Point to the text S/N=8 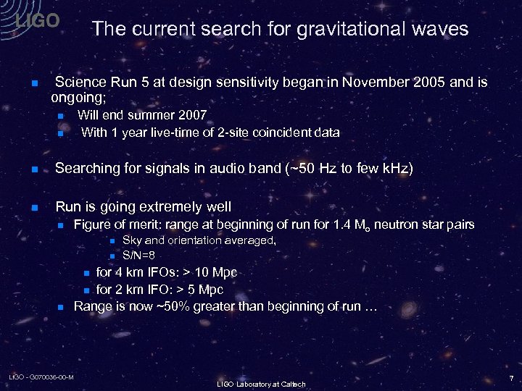[x=139, y=255]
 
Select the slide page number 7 [x=511, y=378]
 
